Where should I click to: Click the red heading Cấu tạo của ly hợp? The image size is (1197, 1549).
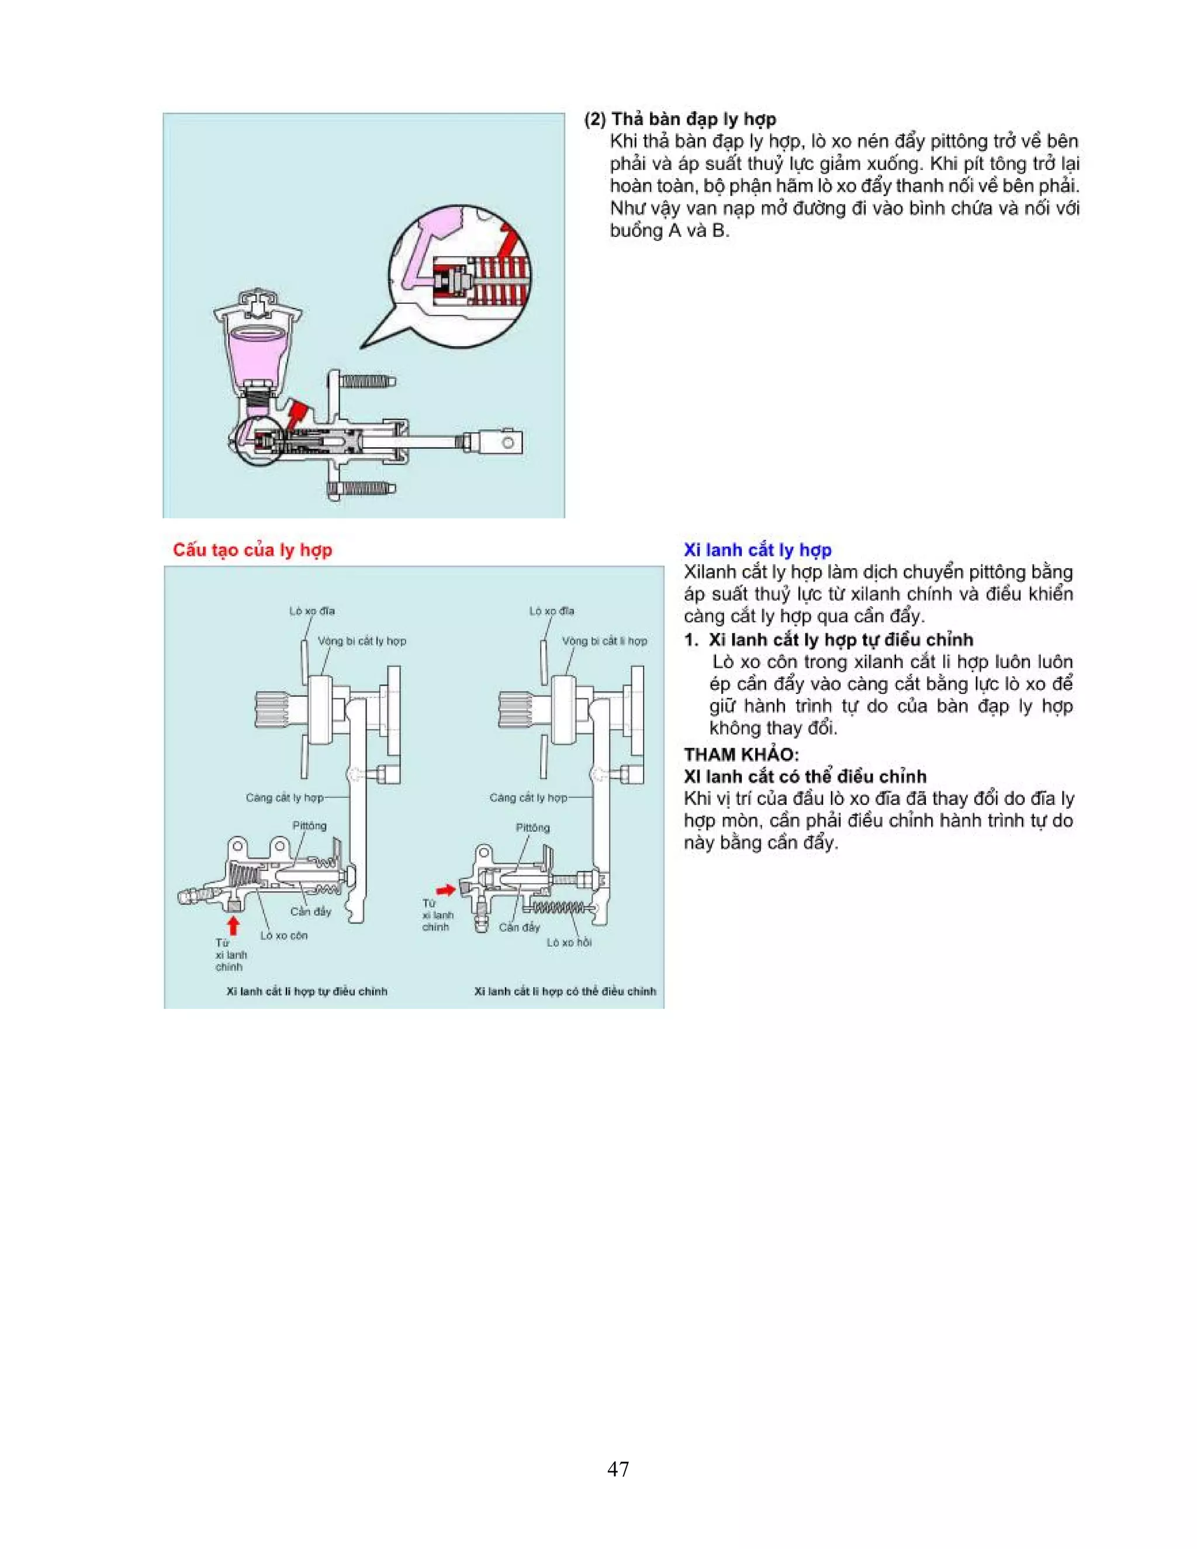[x=252, y=549]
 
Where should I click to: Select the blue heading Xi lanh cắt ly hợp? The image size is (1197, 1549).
[x=757, y=549]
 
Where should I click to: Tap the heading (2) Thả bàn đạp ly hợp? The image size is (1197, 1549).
[x=680, y=119]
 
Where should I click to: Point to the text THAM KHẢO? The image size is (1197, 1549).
[x=741, y=754]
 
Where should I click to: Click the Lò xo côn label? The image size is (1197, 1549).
[x=283, y=935]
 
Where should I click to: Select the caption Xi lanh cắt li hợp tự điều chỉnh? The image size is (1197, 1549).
[x=306, y=991]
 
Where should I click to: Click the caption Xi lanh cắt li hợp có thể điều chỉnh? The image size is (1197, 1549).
[x=565, y=991]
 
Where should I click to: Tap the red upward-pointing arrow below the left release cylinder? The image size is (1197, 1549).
[x=233, y=925]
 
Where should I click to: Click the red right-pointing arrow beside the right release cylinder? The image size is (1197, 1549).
[x=445, y=890]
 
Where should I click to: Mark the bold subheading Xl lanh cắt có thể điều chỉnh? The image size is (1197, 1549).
[x=805, y=776]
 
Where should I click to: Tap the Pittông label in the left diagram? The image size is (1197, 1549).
[x=309, y=825]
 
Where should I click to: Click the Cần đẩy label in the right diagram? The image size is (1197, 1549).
[x=519, y=927]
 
